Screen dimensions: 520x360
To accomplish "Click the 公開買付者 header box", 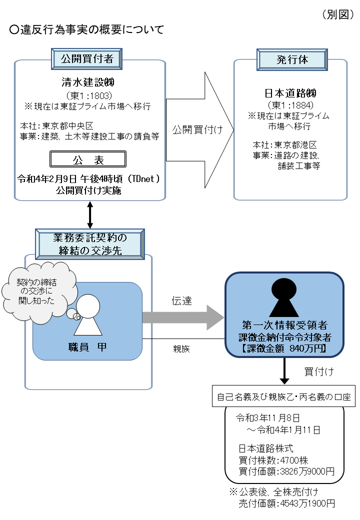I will coord(87,59).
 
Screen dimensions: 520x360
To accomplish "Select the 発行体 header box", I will coord(292,59).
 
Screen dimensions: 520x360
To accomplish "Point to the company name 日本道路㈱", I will coord(290,93).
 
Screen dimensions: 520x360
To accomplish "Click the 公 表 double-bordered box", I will coord(87,159).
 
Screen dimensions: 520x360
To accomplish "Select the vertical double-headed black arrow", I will coord(90,214).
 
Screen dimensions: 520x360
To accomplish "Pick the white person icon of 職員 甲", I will coord(88,315).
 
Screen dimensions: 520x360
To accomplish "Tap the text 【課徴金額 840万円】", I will coord(284,349).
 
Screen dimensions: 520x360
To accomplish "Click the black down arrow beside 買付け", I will coord(284,371).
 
